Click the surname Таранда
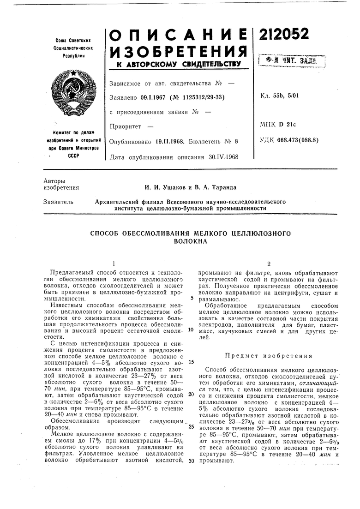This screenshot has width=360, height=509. pos(220,187)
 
